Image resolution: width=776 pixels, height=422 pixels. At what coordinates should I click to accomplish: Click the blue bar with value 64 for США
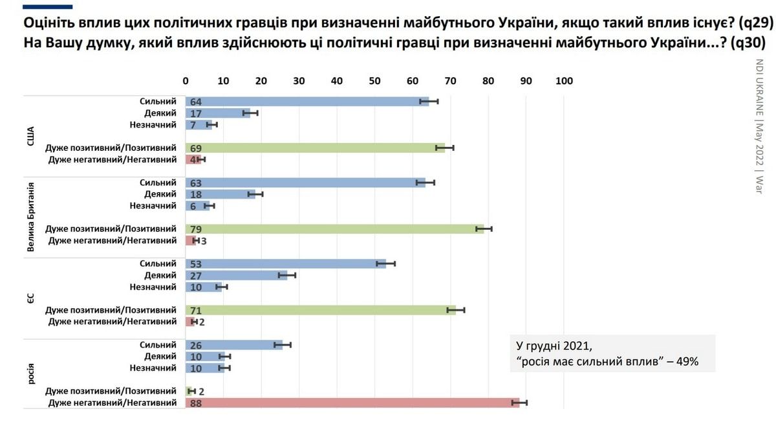pyautogui.click(x=307, y=101)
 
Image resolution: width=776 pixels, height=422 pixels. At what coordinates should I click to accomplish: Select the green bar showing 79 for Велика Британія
pyautogui.click(x=334, y=228)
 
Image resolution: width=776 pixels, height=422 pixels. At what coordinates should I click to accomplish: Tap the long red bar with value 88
pyautogui.click(x=352, y=403)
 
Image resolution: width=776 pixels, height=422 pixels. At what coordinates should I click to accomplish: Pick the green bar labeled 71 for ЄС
pyautogui.click(x=320, y=310)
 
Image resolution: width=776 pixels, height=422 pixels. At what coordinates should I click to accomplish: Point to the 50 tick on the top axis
pyautogui.click(x=374, y=81)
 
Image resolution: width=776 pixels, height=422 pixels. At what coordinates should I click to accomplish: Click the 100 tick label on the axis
pyautogui.click(x=564, y=81)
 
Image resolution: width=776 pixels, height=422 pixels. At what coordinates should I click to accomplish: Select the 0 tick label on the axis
pyautogui.click(x=186, y=81)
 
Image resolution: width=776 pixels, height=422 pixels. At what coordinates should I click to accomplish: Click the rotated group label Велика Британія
pyautogui.click(x=30, y=217)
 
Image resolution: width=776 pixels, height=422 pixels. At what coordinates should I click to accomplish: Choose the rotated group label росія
pyautogui.click(x=30, y=374)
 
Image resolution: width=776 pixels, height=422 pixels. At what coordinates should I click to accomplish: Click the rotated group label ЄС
pyautogui.click(x=30, y=298)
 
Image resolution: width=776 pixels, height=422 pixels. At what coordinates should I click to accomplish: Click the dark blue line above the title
pyautogui.click(x=48, y=6)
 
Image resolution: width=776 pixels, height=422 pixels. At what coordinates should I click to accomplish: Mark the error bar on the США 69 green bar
pyautogui.click(x=445, y=148)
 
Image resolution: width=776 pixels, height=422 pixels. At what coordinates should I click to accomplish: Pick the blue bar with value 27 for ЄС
pyautogui.click(x=236, y=275)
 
